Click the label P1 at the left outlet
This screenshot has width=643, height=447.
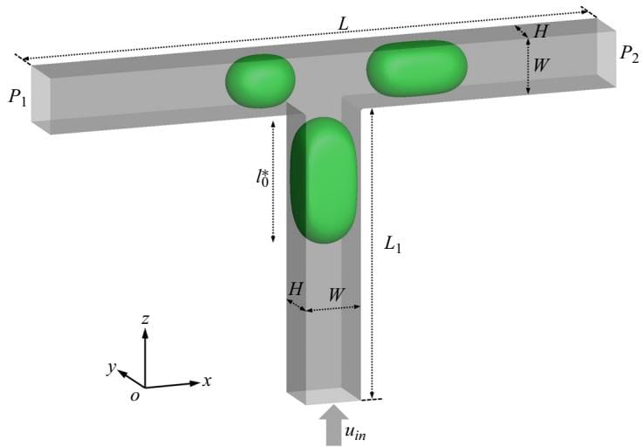click(x=17, y=98)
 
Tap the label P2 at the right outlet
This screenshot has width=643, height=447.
click(x=629, y=54)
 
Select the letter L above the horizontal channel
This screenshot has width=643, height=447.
click(x=343, y=24)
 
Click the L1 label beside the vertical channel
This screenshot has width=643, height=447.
click(x=393, y=244)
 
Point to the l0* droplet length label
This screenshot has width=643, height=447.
click(x=263, y=177)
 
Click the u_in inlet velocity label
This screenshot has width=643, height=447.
click(x=355, y=432)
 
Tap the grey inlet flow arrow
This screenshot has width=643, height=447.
click(x=334, y=425)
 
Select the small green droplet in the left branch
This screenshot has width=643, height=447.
click(x=260, y=81)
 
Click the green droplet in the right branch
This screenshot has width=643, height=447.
click(x=417, y=69)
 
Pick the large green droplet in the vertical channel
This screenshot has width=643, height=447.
click(x=324, y=180)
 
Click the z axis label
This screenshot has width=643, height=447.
click(x=145, y=319)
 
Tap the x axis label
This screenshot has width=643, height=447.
click(x=207, y=382)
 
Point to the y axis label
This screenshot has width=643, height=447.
click(x=111, y=368)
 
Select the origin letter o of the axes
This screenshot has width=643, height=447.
click(x=134, y=395)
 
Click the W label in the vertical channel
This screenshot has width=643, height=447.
click(x=336, y=294)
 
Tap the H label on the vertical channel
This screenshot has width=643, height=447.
click(x=296, y=289)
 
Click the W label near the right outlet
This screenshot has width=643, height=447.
click(x=541, y=65)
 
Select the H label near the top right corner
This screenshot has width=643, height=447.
click(x=540, y=31)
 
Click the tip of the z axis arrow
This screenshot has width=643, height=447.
click(x=145, y=329)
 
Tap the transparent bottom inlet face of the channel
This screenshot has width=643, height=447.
click(x=324, y=395)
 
